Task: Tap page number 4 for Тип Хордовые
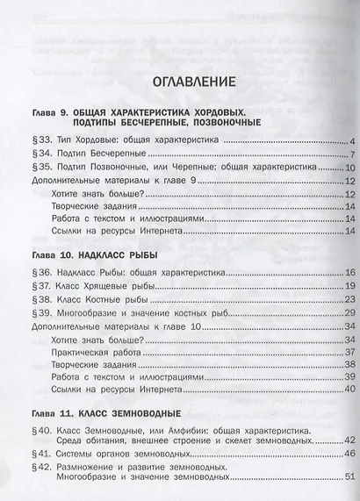pyautogui.click(x=350, y=141)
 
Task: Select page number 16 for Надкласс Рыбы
pyautogui.click(x=348, y=274)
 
